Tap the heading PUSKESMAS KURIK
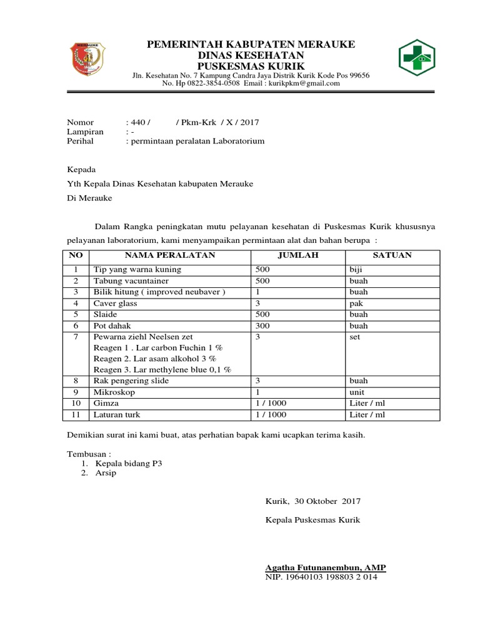click(251, 66)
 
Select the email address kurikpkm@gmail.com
click(302, 83)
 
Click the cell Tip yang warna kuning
click(137, 270)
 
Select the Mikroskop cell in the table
click(115, 392)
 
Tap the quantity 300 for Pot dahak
click(264, 326)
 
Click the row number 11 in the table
click(76, 415)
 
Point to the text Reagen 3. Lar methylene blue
click(162, 369)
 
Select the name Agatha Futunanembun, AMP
click(326, 567)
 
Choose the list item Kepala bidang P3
click(132, 463)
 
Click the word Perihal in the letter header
click(80, 141)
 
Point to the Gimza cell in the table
click(106, 404)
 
